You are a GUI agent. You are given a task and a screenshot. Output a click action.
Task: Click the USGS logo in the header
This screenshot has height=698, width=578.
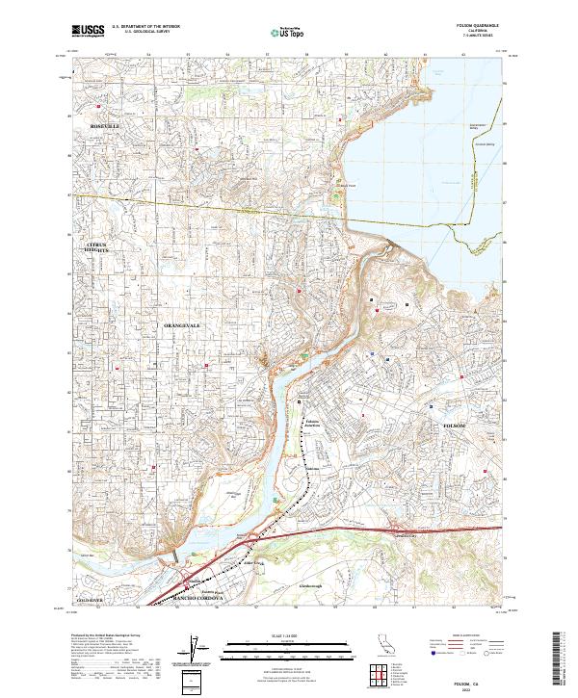(88, 31)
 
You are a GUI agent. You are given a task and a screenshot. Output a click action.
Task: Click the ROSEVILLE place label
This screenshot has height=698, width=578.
(105, 126)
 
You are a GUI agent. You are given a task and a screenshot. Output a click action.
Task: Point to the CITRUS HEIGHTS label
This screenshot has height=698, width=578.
(98, 248)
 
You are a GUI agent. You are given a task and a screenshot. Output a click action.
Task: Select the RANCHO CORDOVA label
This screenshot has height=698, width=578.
(197, 599)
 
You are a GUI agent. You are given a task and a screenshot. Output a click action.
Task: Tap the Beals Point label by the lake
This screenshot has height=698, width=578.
(346, 186)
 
